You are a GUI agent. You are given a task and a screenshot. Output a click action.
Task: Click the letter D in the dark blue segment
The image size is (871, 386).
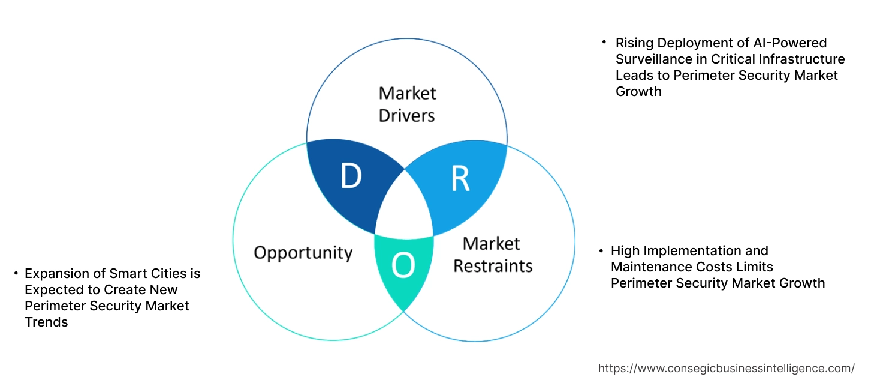351,176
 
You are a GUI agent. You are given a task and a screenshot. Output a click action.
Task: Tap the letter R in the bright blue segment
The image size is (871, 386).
460,178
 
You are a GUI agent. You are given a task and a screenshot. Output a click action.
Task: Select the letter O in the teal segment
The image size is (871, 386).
403,266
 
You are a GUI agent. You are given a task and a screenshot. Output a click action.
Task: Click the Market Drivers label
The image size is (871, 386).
407,104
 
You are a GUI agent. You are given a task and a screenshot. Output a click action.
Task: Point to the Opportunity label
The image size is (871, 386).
303,252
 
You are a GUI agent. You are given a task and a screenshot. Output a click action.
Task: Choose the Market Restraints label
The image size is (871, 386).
492,254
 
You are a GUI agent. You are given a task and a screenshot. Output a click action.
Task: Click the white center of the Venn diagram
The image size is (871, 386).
405,207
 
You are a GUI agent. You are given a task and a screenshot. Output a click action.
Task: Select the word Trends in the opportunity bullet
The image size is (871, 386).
46,322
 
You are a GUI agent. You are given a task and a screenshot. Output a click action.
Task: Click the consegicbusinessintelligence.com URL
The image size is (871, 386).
727,368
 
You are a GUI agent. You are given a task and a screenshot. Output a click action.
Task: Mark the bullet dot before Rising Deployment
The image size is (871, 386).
604,42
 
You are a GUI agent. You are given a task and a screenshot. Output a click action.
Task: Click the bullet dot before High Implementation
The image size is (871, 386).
601,250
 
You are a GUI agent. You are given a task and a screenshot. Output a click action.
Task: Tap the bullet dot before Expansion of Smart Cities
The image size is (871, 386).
16,274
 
